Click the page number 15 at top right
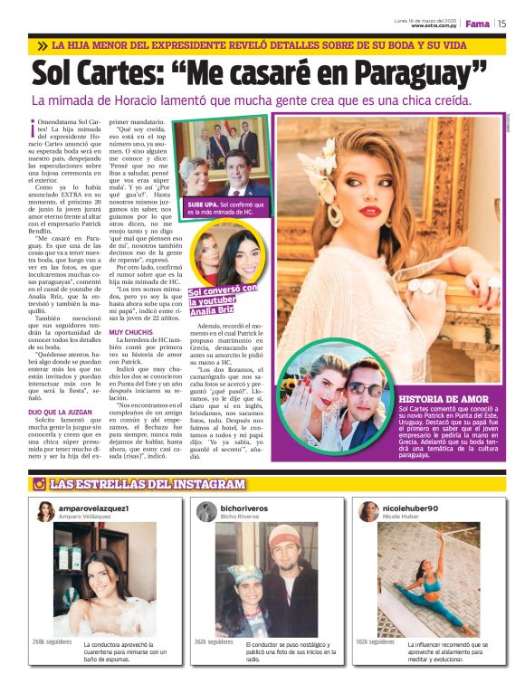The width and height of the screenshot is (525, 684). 501,24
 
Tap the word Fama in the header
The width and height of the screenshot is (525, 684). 477,24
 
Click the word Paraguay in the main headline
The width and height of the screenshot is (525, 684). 420,71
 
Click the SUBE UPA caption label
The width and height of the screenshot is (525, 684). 202,204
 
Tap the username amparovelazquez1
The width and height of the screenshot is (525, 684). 98,508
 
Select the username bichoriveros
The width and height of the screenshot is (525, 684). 244,508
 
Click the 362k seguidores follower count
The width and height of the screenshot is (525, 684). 213,641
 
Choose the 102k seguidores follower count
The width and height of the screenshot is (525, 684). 375,641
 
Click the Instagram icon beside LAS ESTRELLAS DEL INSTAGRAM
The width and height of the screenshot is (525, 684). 39,484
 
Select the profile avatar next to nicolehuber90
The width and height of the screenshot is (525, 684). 368,512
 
